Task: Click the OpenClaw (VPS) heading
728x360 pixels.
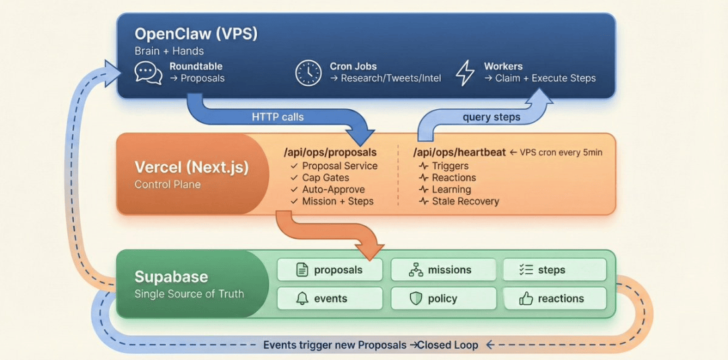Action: click(x=195, y=34)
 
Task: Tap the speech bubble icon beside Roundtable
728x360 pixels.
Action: click(x=148, y=73)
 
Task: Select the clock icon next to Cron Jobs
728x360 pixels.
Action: click(x=308, y=73)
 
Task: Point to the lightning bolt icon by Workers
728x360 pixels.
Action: click(x=465, y=73)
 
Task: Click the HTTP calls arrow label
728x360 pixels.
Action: click(x=278, y=117)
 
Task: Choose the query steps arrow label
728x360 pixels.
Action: click(x=491, y=117)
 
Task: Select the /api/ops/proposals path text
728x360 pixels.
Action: click(x=330, y=153)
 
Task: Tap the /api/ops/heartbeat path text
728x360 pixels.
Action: click(x=459, y=153)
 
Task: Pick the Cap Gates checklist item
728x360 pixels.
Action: click(x=326, y=178)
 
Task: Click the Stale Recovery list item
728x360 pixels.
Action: click(x=465, y=202)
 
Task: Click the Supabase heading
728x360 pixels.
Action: click(x=171, y=277)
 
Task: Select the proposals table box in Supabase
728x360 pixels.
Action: click(x=330, y=270)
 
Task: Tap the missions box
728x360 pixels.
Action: click(x=443, y=270)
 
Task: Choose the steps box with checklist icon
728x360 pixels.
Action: click(x=554, y=270)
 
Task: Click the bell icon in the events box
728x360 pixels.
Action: click(x=302, y=299)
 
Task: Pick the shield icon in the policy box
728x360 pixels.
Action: click(x=416, y=299)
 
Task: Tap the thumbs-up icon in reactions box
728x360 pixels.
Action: click(x=526, y=299)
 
